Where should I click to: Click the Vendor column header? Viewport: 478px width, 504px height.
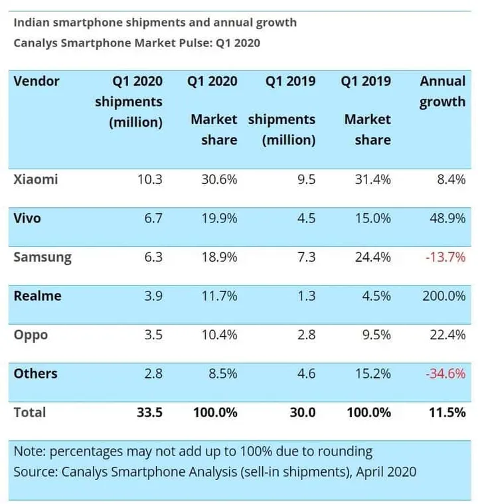(x=37, y=82)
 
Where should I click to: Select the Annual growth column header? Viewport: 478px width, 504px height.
(x=442, y=92)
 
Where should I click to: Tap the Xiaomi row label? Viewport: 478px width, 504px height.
(x=36, y=179)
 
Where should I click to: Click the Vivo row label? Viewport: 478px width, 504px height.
(x=27, y=218)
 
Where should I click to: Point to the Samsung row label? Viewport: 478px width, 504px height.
(x=42, y=257)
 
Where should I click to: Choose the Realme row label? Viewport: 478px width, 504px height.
(x=37, y=295)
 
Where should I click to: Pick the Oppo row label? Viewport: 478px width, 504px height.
(x=31, y=335)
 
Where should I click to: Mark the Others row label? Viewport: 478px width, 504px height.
(x=35, y=373)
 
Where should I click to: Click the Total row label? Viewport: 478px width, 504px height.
(x=30, y=412)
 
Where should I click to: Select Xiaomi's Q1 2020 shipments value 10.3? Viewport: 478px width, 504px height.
(x=148, y=179)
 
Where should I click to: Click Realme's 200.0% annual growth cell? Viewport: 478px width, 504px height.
(x=443, y=295)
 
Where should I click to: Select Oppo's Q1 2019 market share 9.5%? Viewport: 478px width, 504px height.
(x=373, y=335)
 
